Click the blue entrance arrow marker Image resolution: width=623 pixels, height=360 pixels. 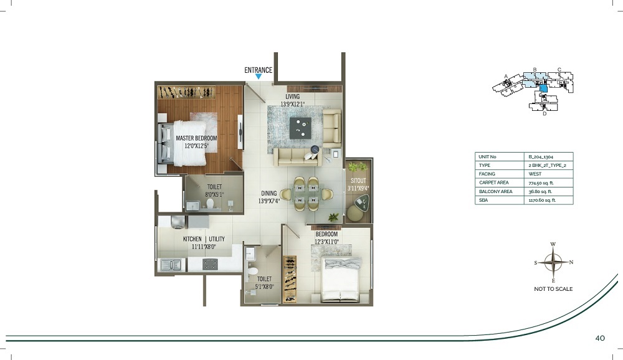(259, 76)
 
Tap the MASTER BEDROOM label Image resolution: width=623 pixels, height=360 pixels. (196, 138)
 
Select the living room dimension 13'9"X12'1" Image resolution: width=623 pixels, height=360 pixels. (292, 105)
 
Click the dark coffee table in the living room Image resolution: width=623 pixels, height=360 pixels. (300, 128)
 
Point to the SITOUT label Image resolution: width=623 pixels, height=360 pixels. (358, 181)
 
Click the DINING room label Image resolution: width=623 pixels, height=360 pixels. (269, 194)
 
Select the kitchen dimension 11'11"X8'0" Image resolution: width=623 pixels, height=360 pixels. (204, 247)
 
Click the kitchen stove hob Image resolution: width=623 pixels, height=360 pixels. (210, 264)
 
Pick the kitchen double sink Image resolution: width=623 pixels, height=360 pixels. (171, 265)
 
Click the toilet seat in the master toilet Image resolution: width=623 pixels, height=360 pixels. (210, 204)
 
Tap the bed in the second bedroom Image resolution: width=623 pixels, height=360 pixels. (341, 279)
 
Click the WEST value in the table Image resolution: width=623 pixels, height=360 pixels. (535, 174)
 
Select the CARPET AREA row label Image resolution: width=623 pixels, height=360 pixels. (493, 182)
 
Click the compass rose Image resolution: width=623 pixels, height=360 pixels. (553, 262)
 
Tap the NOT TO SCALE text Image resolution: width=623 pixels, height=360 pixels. (553, 289)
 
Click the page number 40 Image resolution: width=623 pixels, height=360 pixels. (600, 338)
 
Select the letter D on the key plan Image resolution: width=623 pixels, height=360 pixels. (545, 113)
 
